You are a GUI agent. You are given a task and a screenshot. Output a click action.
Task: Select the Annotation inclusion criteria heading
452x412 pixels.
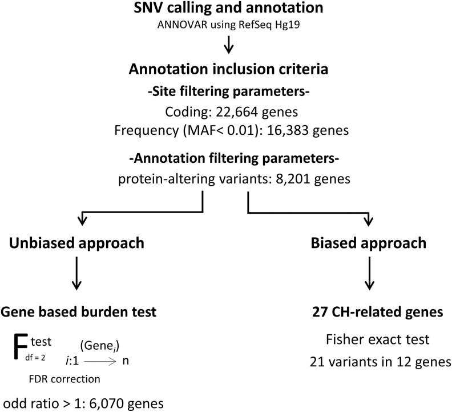[228, 70]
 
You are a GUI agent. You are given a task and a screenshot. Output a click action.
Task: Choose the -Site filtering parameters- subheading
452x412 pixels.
[228, 91]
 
